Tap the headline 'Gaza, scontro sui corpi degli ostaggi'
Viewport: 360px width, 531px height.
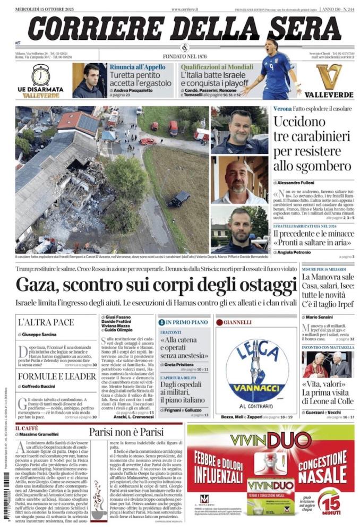point(156,284)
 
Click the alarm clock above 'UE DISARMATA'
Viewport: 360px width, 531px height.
point(40,75)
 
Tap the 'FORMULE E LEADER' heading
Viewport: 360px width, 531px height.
point(50,376)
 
